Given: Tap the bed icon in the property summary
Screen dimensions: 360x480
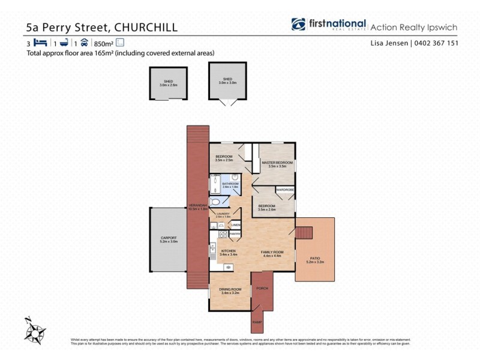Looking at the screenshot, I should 40,43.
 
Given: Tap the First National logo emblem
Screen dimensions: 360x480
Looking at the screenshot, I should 299,25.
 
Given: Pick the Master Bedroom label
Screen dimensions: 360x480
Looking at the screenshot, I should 277,163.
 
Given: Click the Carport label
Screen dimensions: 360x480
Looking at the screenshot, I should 169,238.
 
